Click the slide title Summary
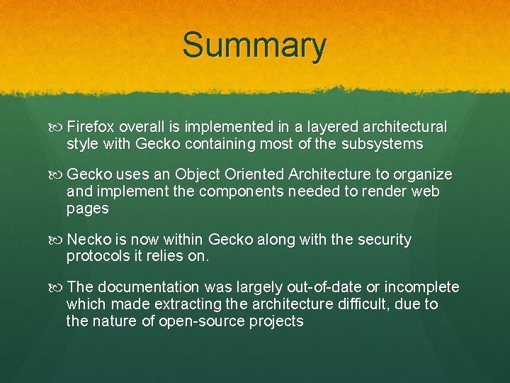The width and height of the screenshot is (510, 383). [254, 45]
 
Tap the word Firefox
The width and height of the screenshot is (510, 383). [91, 127]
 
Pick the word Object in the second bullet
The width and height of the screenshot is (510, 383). [199, 174]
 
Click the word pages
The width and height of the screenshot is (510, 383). [88, 209]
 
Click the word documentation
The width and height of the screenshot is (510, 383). [149, 287]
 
